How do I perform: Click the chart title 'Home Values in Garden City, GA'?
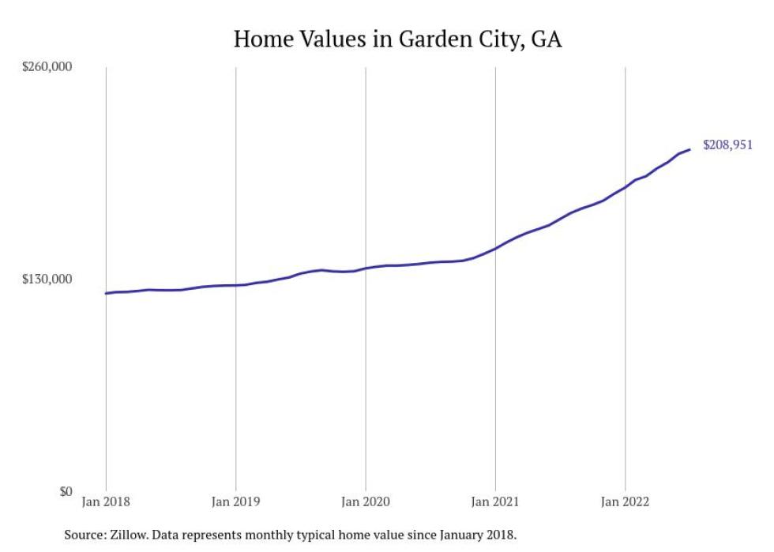pos(397,39)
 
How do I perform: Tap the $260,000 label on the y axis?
pos(46,66)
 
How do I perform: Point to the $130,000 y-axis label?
pos(46,279)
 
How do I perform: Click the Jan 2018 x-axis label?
pos(106,501)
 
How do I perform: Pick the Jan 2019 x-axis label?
pos(235,501)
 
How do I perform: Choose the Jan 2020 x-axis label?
pos(365,501)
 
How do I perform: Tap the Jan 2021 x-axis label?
pos(495,501)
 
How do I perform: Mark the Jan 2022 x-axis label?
pos(625,501)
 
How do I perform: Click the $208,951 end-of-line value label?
pos(727,145)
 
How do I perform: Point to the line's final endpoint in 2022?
pos(690,149)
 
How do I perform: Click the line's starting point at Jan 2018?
pos(106,293)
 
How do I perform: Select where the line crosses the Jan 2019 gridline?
pos(235,285)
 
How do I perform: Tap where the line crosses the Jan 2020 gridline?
pos(365,268)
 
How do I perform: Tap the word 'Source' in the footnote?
pos(84,535)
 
